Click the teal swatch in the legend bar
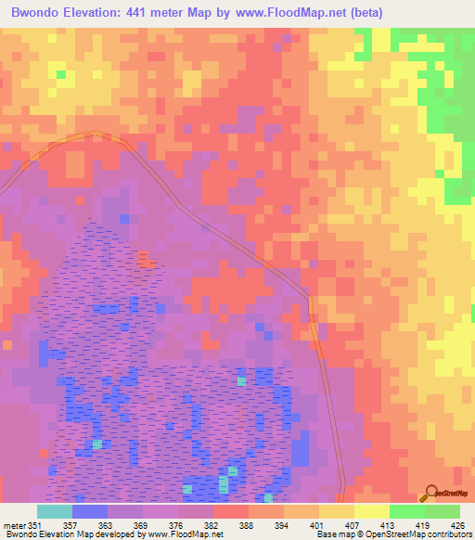click(55, 511)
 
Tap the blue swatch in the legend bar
click(90, 511)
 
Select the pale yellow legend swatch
click(371, 511)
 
